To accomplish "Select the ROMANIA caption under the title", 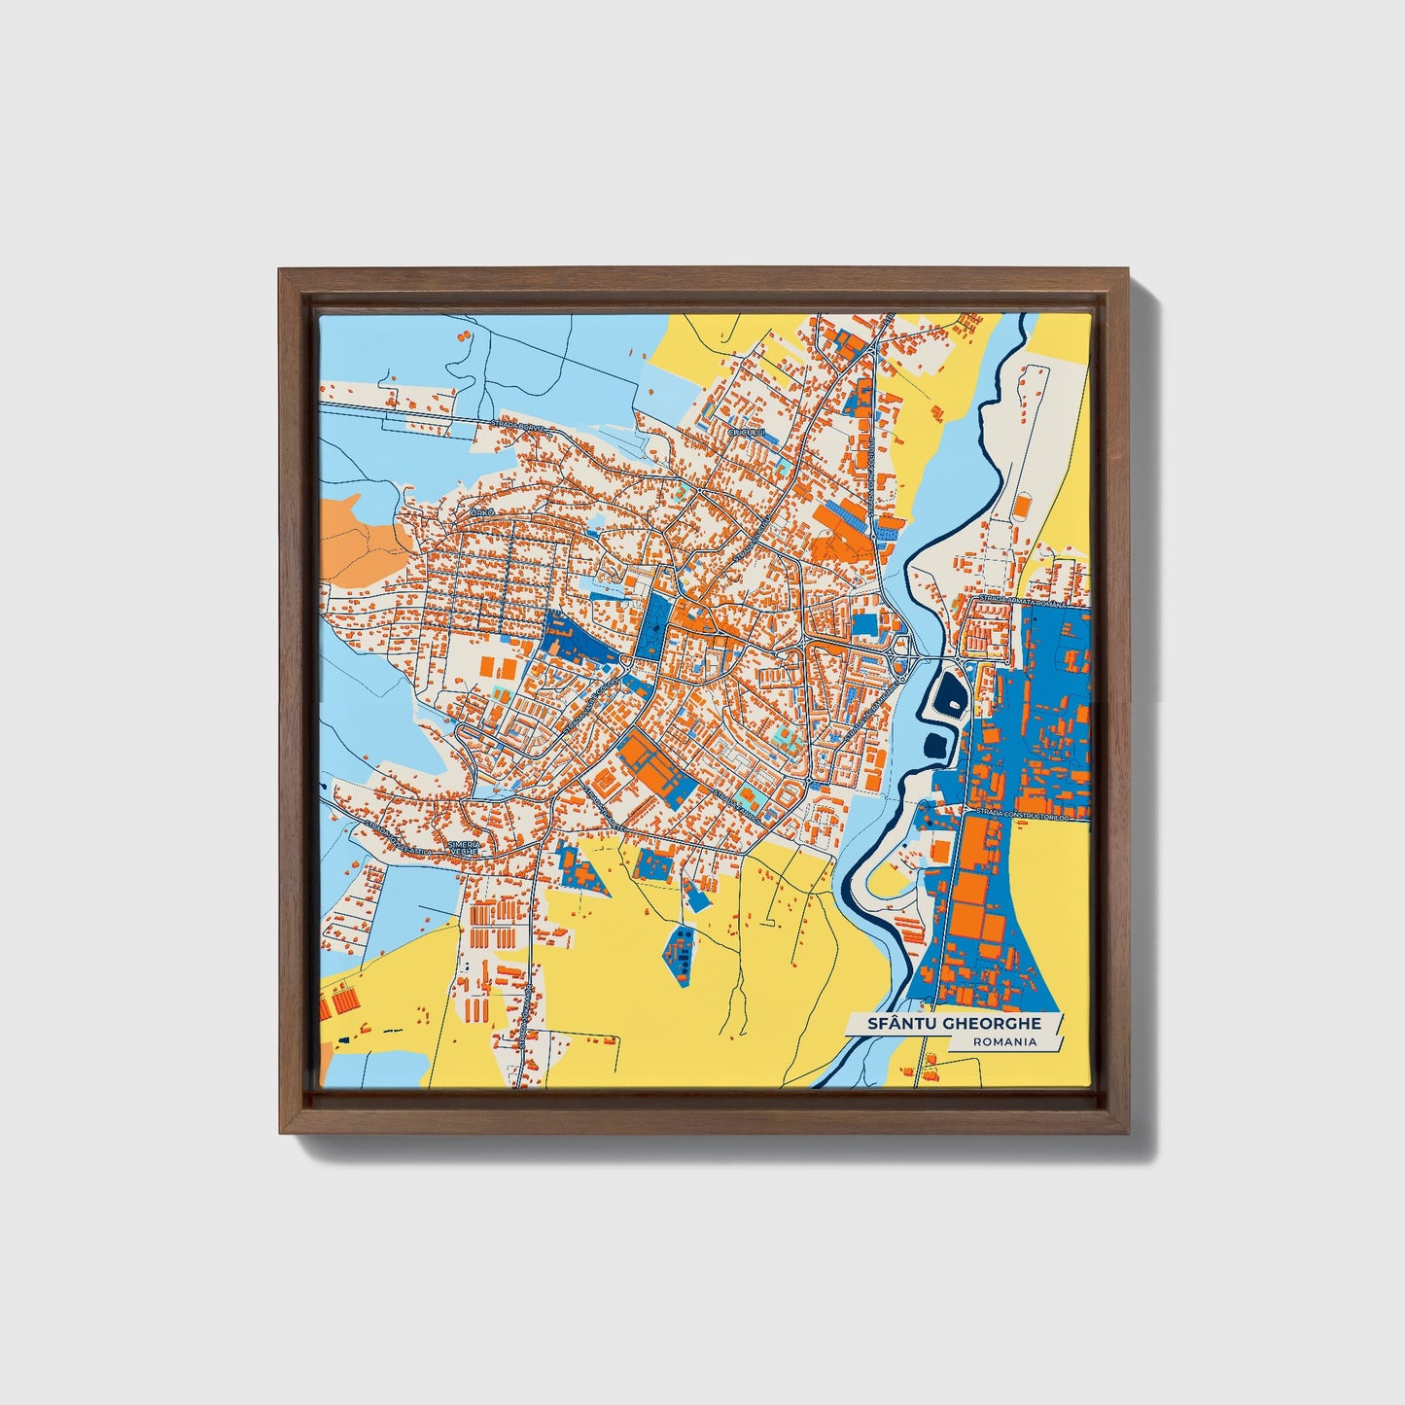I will click(1003, 1042).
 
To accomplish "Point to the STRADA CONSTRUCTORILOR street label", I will click(1021, 818).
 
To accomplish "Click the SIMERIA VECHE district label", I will click(464, 848).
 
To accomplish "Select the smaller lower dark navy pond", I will click(936, 747).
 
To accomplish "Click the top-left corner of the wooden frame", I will click(280, 270).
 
